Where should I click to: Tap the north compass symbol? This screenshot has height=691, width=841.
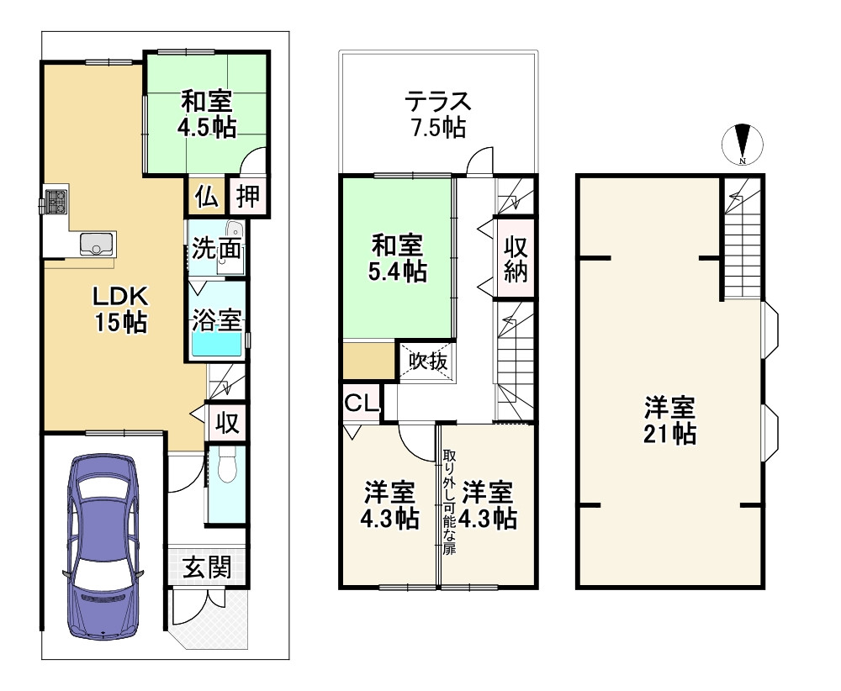pos(743,145)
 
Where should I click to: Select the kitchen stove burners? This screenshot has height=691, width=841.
pos(56,203)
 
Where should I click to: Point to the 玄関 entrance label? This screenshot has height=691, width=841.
pos(206,568)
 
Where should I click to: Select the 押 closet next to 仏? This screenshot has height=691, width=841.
pos(247,197)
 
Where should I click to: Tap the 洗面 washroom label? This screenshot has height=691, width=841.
pos(218,249)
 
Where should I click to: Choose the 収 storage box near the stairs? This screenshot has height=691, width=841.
pos(226,421)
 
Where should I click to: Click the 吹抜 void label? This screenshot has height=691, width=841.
pos(428,361)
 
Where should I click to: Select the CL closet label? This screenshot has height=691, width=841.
pos(362,403)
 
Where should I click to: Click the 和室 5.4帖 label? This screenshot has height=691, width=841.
pos(398,259)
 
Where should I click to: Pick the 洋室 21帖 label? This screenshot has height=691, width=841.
pos(669,421)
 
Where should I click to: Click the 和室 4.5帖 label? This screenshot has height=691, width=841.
pos(206,115)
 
